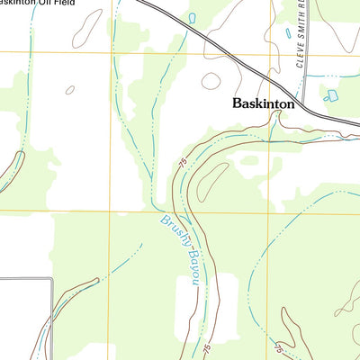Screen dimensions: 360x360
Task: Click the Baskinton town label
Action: click(x=263, y=103)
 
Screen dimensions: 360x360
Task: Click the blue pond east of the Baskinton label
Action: click(x=330, y=94)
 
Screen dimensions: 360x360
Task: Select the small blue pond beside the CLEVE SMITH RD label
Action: click(x=289, y=33)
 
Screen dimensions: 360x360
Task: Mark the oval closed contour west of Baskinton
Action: click(x=211, y=81)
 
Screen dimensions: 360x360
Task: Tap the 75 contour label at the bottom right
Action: click(x=280, y=346)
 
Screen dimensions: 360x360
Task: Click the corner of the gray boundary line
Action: click(x=51, y=279)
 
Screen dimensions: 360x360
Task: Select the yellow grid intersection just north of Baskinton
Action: click(x=270, y=55)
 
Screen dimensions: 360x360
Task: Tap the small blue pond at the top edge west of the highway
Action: click(x=193, y=17)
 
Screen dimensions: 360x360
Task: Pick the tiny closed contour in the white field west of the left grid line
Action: click(x=70, y=90)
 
